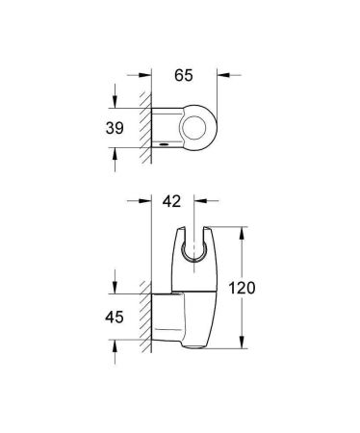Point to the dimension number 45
point(116,316)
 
